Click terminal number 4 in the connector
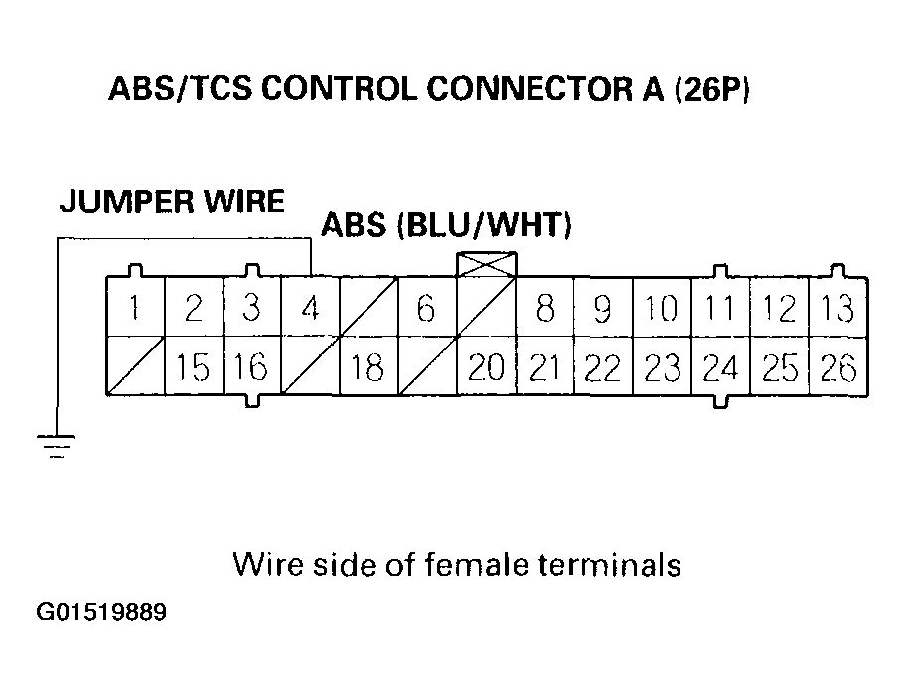click(310, 309)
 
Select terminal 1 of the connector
click(134, 309)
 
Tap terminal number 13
click(838, 309)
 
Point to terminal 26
click(838, 368)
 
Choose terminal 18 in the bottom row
click(368, 368)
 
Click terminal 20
click(486, 368)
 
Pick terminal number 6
click(426, 309)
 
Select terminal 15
click(193, 368)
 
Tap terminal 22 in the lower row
click(603, 368)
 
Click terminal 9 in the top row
click(603, 309)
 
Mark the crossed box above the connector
click(486, 264)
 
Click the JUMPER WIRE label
click(172, 202)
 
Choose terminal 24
click(720, 368)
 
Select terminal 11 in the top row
click(720, 309)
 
